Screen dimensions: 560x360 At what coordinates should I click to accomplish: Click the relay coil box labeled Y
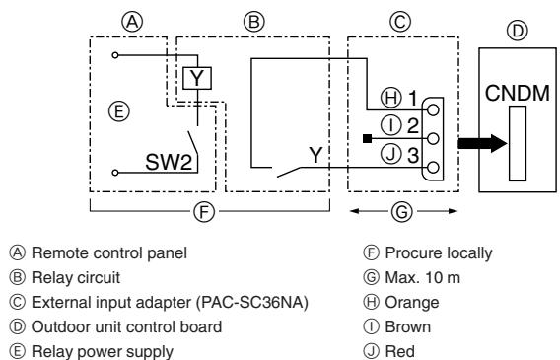(197, 78)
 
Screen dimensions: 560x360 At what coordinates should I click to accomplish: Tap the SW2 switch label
(169, 162)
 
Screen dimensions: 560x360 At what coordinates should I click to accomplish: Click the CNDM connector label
(518, 94)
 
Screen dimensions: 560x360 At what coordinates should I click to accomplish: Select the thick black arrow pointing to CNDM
(482, 143)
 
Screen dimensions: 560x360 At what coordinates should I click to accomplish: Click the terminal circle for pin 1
(433, 110)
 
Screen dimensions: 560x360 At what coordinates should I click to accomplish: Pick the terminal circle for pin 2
(433, 138)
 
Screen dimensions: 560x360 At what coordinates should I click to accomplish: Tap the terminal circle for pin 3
(433, 167)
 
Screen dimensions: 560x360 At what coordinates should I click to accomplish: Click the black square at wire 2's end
(367, 138)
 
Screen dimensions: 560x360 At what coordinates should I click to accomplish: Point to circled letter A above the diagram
(132, 22)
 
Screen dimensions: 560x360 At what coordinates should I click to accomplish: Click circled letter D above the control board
(518, 31)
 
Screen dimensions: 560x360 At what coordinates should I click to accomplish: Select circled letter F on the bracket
(204, 211)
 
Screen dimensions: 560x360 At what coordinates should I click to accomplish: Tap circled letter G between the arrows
(402, 211)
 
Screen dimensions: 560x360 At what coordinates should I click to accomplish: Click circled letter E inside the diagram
(119, 111)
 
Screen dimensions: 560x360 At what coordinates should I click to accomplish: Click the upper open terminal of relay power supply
(115, 55)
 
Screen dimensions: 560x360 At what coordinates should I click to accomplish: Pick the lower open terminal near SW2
(115, 173)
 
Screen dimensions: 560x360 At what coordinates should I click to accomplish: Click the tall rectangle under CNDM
(518, 144)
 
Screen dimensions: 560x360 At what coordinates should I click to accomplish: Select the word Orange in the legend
(412, 303)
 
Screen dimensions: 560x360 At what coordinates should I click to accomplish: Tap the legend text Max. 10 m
(423, 277)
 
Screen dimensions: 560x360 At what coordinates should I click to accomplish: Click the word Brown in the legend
(408, 326)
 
